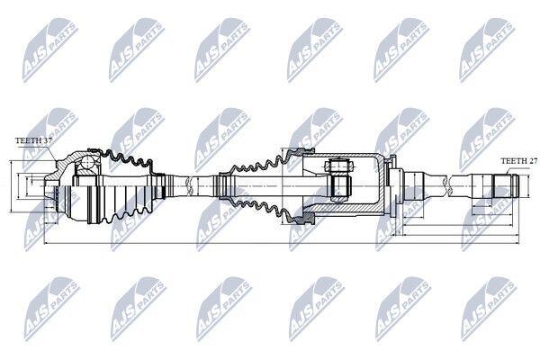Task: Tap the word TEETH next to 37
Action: coord(27,141)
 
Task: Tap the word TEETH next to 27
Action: coord(512,160)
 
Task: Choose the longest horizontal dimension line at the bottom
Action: coord(270,245)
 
